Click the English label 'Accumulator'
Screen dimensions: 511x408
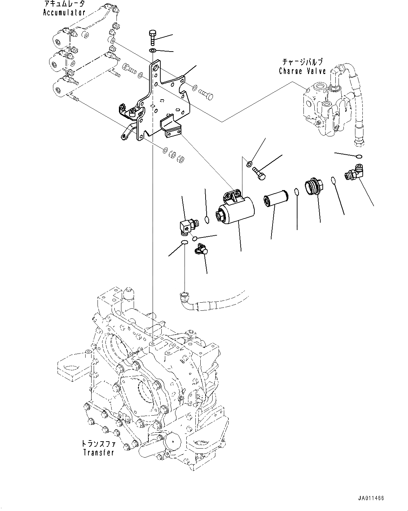(64, 13)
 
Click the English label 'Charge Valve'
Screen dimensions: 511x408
(302, 71)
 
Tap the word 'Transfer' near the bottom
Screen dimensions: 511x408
(99, 452)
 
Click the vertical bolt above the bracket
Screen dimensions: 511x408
(152, 37)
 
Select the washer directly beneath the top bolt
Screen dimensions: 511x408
(153, 51)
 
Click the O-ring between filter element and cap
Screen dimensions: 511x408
(296, 192)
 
